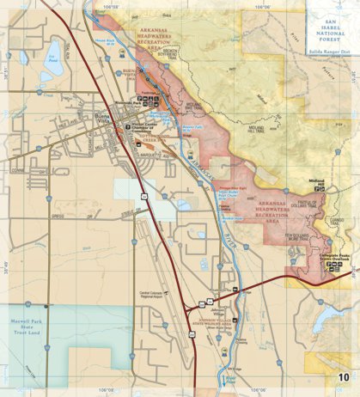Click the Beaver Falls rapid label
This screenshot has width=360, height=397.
click(x=190, y=127)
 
